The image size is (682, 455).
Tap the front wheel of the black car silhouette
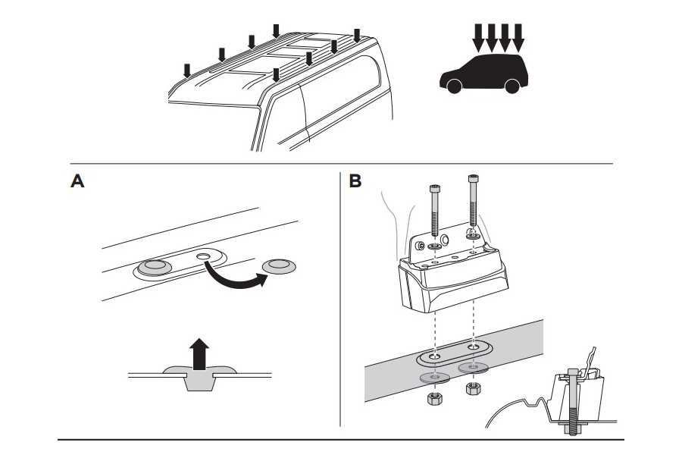click(x=454, y=86)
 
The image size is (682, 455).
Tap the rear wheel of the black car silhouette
click(x=512, y=86)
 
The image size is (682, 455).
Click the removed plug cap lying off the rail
click(x=279, y=265)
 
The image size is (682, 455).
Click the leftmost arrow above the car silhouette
click(x=477, y=34)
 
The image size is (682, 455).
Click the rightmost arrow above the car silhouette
click(x=519, y=34)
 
